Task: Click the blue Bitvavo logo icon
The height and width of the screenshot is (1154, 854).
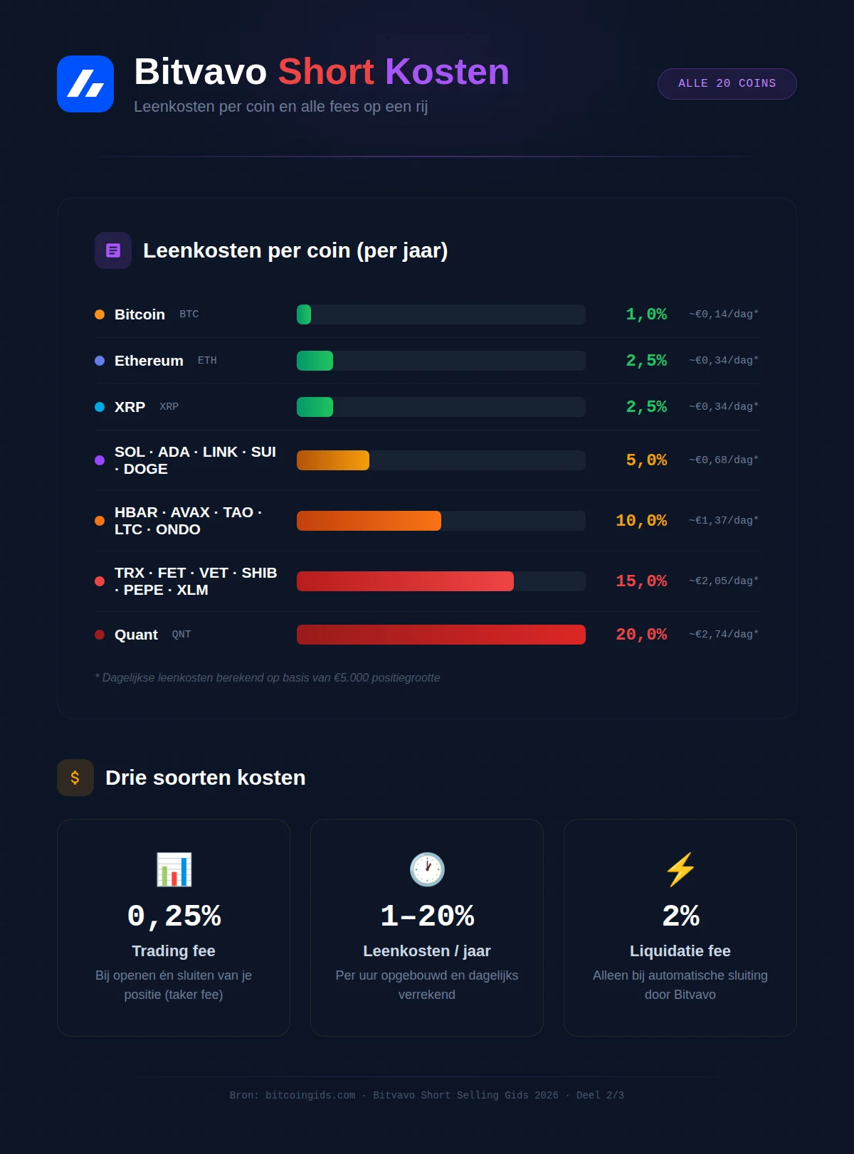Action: point(85,84)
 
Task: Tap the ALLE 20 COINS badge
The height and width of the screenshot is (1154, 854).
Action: point(727,84)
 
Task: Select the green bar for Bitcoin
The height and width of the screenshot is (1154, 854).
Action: point(304,314)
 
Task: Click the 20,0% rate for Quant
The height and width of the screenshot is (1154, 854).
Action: point(641,635)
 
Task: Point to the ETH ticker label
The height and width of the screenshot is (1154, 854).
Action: point(207,361)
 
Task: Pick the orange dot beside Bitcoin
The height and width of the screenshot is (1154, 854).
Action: point(100,314)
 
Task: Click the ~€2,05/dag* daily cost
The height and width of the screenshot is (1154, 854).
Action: point(723,581)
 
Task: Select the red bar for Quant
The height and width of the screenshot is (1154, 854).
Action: point(441,635)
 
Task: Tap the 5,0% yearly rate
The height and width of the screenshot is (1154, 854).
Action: point(646,460)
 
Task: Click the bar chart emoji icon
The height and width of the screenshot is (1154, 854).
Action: point(174,869)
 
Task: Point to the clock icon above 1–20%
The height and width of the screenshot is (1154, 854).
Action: point(427,869)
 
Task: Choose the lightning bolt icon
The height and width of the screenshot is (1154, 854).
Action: point(680,869)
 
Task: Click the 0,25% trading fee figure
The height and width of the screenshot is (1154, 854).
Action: point(174,916)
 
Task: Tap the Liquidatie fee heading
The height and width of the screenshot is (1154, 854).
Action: point(680,951)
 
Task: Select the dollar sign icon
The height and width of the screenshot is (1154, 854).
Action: point(75,778)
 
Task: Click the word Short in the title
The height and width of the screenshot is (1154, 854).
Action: point(326,72)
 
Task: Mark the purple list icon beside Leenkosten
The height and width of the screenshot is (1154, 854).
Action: point(113,250)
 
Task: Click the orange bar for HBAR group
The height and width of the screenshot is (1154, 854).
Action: point(369,521)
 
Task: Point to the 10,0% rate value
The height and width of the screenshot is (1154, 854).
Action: point(641,521)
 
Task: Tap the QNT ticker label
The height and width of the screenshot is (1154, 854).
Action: point(181,635)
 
